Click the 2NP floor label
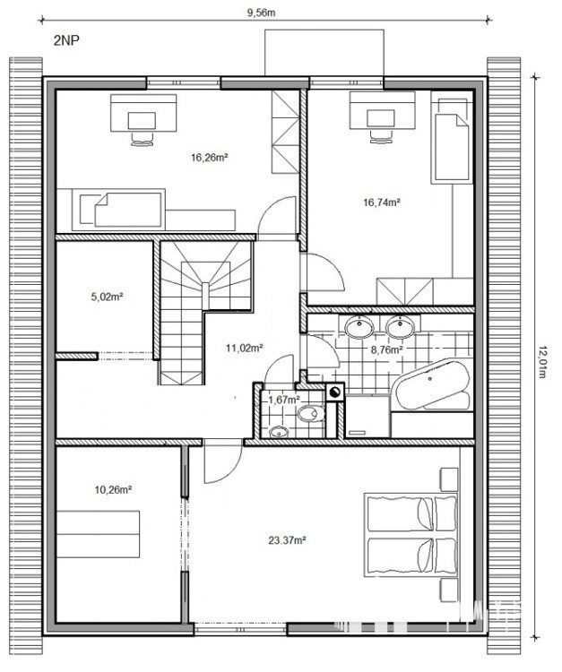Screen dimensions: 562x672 click(66, 40)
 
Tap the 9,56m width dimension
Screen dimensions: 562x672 click(261, 13)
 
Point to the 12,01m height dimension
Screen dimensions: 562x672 click(541, 362)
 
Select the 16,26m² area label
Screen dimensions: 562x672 click(209, 158)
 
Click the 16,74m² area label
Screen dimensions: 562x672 click(382, 202)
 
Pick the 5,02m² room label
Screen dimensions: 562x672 click(108, 297)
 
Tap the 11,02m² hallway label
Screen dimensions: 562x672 click(245, 348)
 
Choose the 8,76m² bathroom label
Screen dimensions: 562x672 click(386, 349)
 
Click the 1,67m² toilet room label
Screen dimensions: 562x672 click(284, 400)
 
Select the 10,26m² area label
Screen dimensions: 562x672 click(113, 489)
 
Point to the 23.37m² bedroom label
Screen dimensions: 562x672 click(287, 540)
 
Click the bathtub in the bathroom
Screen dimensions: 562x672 click(432, 385)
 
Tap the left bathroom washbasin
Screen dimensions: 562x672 click(359, 327)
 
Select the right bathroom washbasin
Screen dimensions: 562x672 click(400, 327)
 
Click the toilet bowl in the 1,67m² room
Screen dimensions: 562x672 click(312, 414)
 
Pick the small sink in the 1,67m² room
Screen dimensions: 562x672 click(279, 433)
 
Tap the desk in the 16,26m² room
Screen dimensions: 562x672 click(143, 113)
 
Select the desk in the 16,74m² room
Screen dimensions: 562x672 click(383, 110)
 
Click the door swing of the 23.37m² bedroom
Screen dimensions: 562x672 click(225, 468)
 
